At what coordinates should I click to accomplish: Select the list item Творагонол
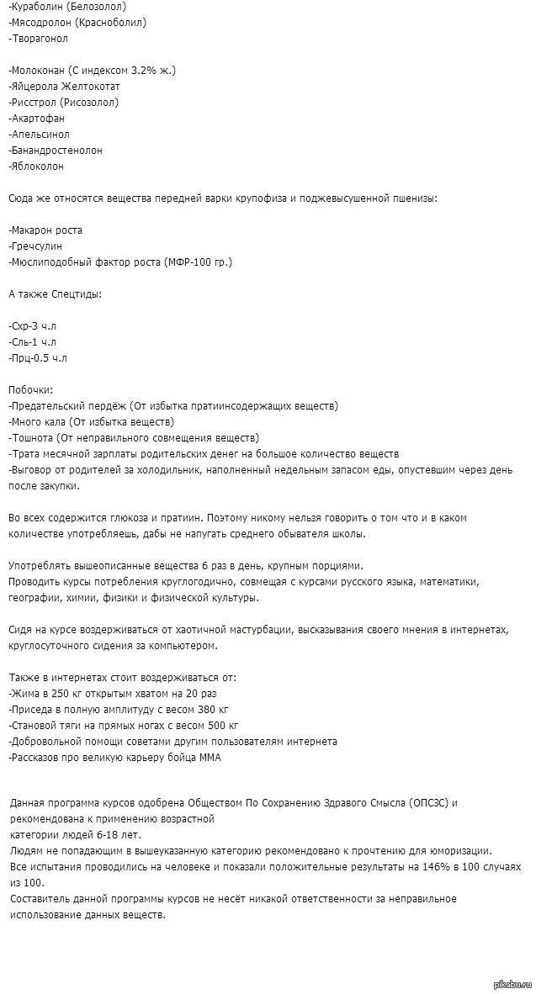39,39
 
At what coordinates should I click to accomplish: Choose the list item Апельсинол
39,134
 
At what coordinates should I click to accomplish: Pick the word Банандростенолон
56,150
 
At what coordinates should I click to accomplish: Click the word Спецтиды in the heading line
73,294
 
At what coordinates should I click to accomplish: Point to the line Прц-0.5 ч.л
38,358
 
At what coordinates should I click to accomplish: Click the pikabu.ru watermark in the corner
510,984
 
